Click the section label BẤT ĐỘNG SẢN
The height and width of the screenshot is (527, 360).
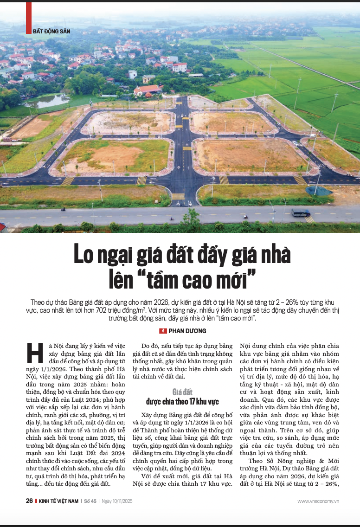click(51, 31)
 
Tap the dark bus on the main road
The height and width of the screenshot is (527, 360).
click(301, 213)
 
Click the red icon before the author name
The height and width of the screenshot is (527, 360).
click(162, 331)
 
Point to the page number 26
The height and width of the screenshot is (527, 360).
click(29, 501)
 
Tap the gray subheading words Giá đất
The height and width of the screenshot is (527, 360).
click(182, 392)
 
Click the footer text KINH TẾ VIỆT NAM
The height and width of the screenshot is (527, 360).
click(58, 501)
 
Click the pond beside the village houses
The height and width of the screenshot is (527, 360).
click(47, 101)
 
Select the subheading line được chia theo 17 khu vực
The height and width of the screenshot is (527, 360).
click(182, 401)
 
